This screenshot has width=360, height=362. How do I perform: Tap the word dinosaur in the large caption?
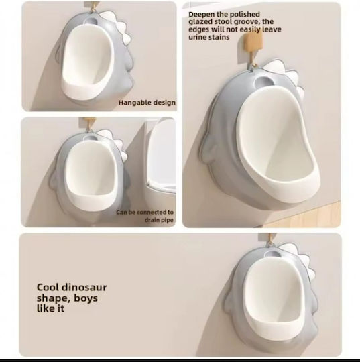[x=84, y=287]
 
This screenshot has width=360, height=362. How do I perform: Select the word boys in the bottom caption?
[x=85, y=298]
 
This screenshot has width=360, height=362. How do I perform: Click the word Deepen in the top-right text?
[x=202, y=15]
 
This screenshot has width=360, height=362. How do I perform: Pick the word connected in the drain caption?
[x=151, y=212]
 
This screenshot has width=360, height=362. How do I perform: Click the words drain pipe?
[x=159, y=220]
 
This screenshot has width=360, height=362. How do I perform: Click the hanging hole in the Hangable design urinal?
[x=91, y=21]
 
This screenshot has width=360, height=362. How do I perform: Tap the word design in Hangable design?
[x=164, y=103]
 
